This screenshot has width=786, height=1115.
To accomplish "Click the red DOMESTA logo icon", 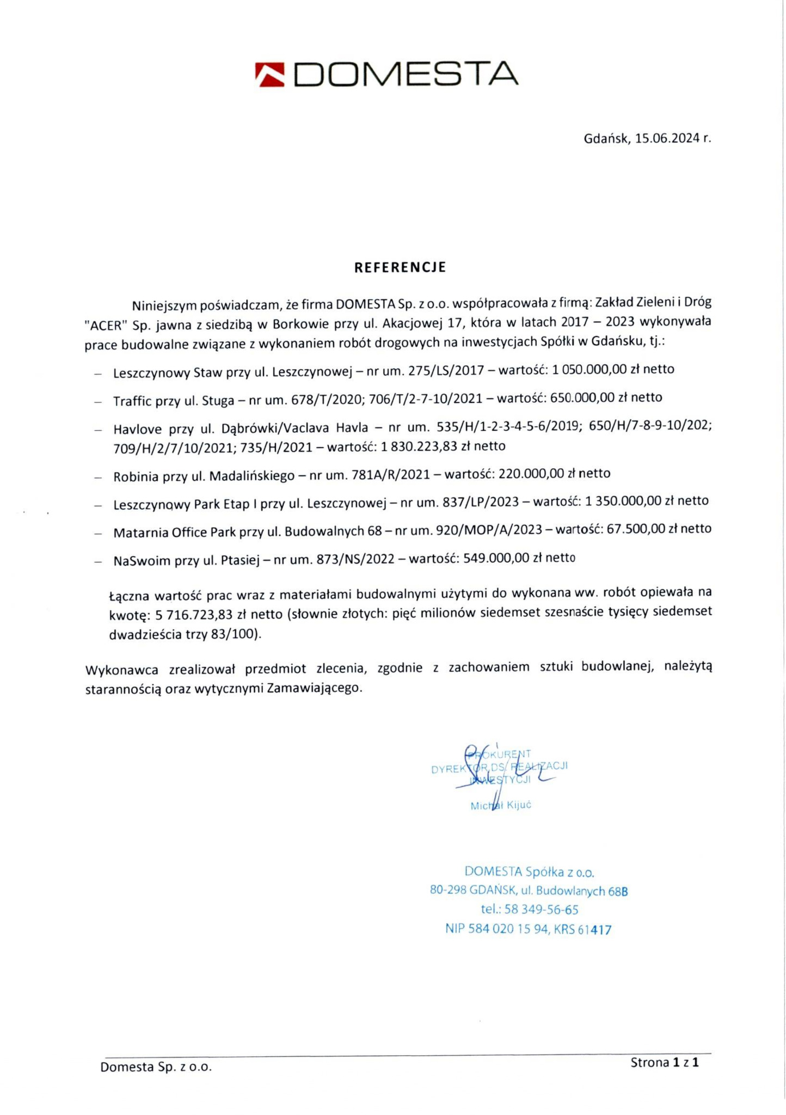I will tap(270, 75).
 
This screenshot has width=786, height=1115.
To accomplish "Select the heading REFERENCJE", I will tap(400, 267).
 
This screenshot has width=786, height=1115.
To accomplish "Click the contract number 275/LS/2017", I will tap(446, 370).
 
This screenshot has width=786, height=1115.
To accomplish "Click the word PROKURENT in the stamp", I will tap(500, 754).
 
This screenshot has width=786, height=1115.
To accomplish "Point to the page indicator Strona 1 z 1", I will tap(664, 1062).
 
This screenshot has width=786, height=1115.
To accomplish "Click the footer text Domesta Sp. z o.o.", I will tap(156, 1067).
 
